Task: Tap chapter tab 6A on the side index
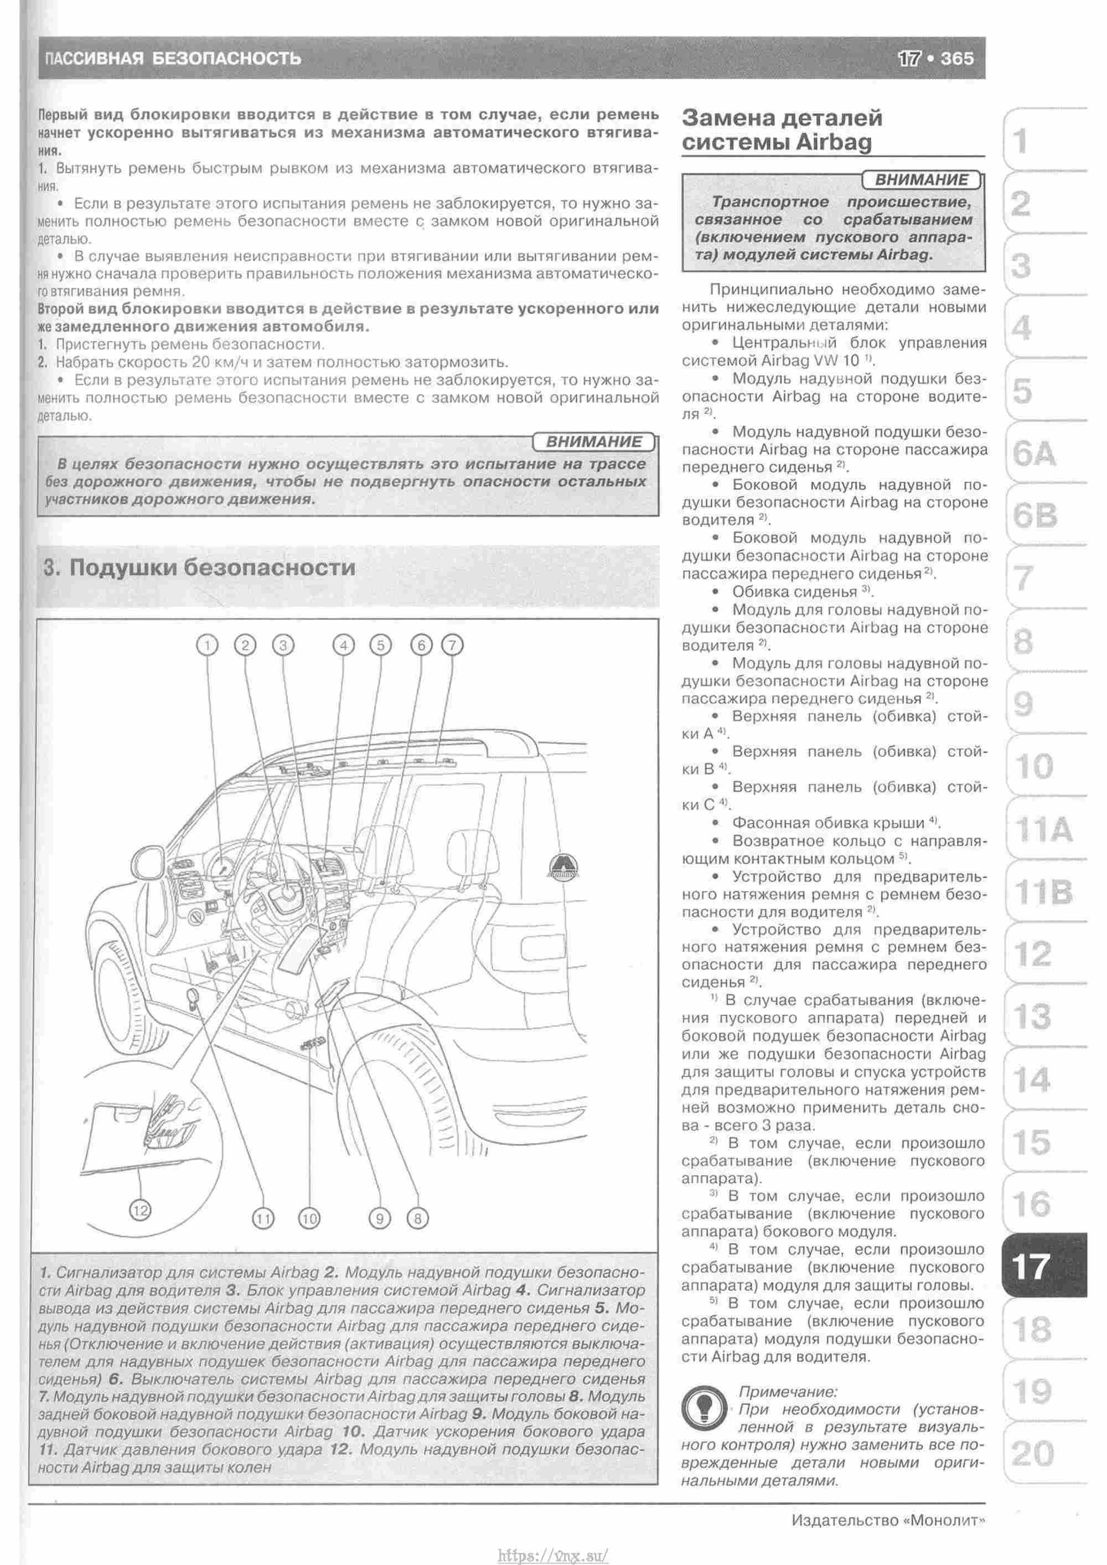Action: click(x=1034, y=454)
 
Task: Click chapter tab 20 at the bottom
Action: click(x=1032, y=1454)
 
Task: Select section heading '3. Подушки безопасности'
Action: click(x=199, y=567)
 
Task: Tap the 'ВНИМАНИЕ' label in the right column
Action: click(x=921, y=180)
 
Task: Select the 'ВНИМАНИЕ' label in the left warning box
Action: click(x=594, y=442)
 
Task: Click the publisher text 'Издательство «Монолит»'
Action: click(x=889, y=1520)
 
